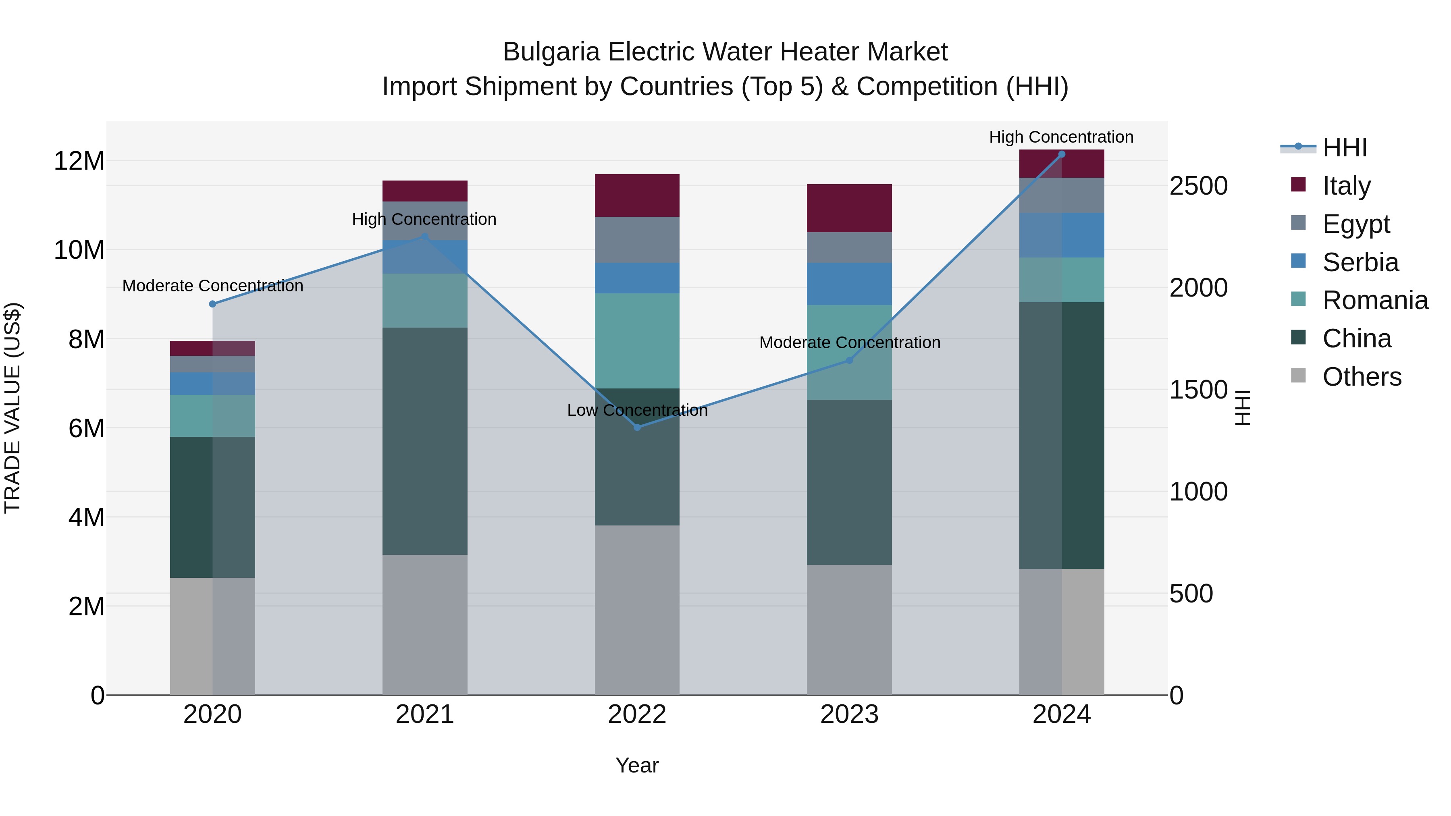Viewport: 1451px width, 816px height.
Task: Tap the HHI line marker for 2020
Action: click(212, 304)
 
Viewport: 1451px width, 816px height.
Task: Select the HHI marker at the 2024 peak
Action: click(1062, 154)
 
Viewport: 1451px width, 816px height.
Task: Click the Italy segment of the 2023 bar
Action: click(849, 208)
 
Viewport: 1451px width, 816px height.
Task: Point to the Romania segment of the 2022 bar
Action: click(637, 341)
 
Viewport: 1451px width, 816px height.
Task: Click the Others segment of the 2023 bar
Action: click(849, 629)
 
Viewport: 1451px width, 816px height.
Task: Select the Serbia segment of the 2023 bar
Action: click(849, 284)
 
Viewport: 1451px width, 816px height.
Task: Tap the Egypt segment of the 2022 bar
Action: click(637, 240)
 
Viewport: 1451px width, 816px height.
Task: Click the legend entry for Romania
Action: click(1375, 300)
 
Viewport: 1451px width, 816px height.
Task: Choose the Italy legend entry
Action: click(1346, 185)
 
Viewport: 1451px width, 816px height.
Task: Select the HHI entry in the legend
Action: click(1345, 147)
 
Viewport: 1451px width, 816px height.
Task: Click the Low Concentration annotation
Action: click(637, 411)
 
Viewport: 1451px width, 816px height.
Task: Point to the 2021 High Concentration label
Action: click(424, 219)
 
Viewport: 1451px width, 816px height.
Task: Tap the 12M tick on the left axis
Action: click(79, 161)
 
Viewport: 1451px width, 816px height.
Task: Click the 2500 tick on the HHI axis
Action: click(1198, 187)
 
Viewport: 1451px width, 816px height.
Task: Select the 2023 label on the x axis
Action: click(849, 714)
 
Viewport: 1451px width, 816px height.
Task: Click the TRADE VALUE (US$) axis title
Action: click(12, 408)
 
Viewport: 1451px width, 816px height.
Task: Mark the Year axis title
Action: click(637, 765)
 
